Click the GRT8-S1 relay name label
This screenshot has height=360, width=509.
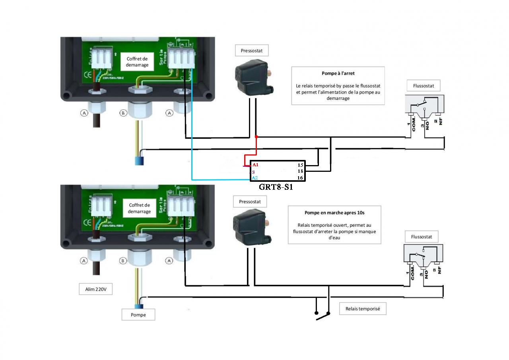[x=276, y=187]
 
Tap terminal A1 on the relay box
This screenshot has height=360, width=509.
[x=255, y=165]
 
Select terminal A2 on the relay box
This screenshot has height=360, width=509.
[x=255, y=178]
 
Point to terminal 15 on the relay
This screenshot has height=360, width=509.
[x=301, y=165]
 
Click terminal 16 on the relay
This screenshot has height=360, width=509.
[x=301, y=178]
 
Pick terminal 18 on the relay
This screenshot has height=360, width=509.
[x=301, y=171]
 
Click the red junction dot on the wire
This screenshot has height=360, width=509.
[x=256, y=137]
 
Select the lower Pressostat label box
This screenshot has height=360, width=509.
[x=250, y=202]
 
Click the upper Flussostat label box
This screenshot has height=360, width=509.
[x=424, y=85]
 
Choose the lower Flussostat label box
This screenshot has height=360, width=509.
[x=422, y=237]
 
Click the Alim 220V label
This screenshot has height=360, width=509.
[x=96, y=289]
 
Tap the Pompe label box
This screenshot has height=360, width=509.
[x=138, y=315]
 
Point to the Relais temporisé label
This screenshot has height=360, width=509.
[x=363, y=309]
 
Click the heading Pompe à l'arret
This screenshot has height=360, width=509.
[x=338, y=74]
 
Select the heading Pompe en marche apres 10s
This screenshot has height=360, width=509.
[x=334, y=213]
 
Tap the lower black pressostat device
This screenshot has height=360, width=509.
[x=252, y=228]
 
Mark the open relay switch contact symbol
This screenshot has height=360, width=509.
[x=322, y=315]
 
